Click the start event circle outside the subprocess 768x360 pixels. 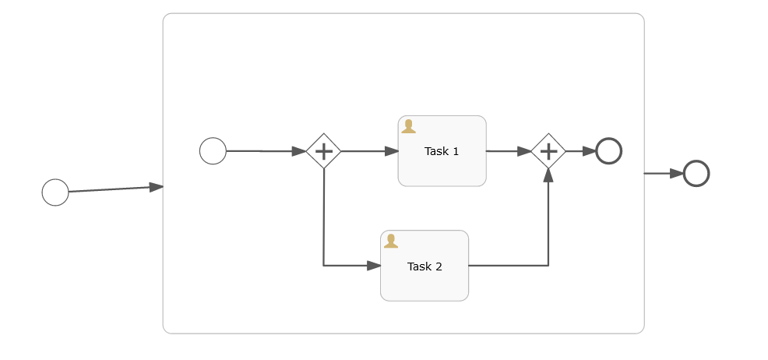coord(55,192)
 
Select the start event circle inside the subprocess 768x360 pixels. coord(213,150)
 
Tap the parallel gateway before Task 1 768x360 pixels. coord(323,150)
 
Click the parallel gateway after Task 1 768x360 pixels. coord(548,150)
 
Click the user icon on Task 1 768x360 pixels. coord(408,126)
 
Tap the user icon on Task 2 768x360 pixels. coord(391,241)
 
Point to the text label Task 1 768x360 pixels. coord(442,151)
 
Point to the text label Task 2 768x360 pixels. coord(425,266)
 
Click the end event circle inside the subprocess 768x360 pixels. coord(608,150)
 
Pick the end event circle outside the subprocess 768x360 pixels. coord(696,173)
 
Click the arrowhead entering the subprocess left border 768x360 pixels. coord(156,186)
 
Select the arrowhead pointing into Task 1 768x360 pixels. coord(391,151)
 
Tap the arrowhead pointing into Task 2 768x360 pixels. coord(373,266)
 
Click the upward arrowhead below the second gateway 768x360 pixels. coord(548,176)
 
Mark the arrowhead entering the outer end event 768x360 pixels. coord(676,173)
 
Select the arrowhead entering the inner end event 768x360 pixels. coord(589,151)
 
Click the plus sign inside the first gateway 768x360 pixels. coord(323,150)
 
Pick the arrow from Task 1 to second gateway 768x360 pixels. coord(508,151)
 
